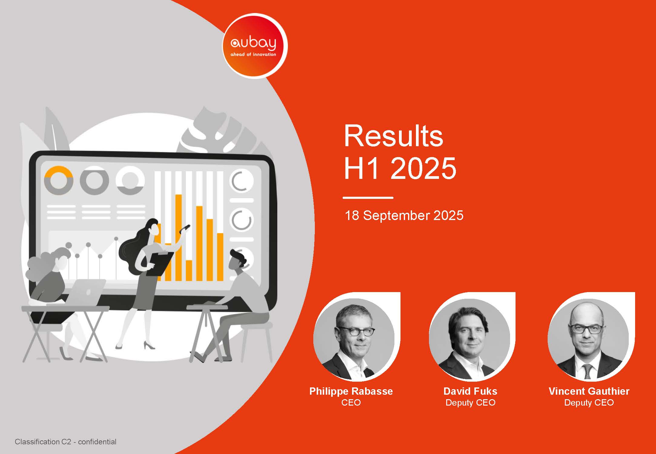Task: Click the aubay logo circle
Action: point(255,46)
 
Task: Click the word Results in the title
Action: point(393,136)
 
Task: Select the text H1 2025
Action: point(400,168)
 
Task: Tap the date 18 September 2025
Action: point(404,215)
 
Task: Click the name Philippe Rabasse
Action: point(351,391)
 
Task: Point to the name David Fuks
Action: point(470,391)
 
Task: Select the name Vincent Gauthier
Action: point(589,391)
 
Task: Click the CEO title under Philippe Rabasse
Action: point(351,403)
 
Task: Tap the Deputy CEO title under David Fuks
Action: point(470,403)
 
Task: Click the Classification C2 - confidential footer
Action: point(65,442)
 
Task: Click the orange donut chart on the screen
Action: point(58,180)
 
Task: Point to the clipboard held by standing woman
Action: point(160,264)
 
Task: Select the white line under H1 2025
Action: point(368,198)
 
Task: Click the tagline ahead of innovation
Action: point(253,55)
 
